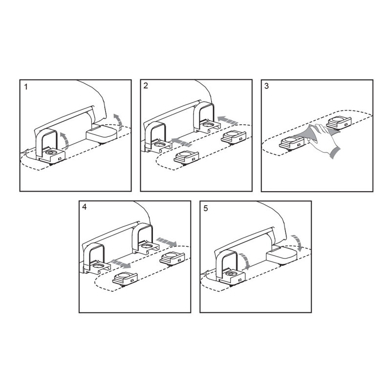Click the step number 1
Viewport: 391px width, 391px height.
[26, 87]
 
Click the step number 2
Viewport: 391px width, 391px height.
[146, 86]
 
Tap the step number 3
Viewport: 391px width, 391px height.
[266, 86]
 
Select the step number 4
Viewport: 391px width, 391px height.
[85, 207]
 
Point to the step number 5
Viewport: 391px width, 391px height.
[205, 208]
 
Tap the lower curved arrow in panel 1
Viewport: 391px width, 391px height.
[65, 141]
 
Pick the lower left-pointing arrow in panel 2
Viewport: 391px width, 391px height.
[182, 142]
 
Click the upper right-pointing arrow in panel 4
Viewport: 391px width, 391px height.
[167, 242]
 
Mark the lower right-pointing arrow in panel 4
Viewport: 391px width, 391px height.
[121, 264]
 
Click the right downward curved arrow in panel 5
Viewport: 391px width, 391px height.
[298, 242]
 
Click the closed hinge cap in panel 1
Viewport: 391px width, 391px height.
[102, 133]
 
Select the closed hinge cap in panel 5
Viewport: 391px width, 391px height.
[282, 256]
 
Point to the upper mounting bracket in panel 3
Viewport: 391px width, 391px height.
[339, 122]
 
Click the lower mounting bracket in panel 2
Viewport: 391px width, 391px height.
[187, 157]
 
